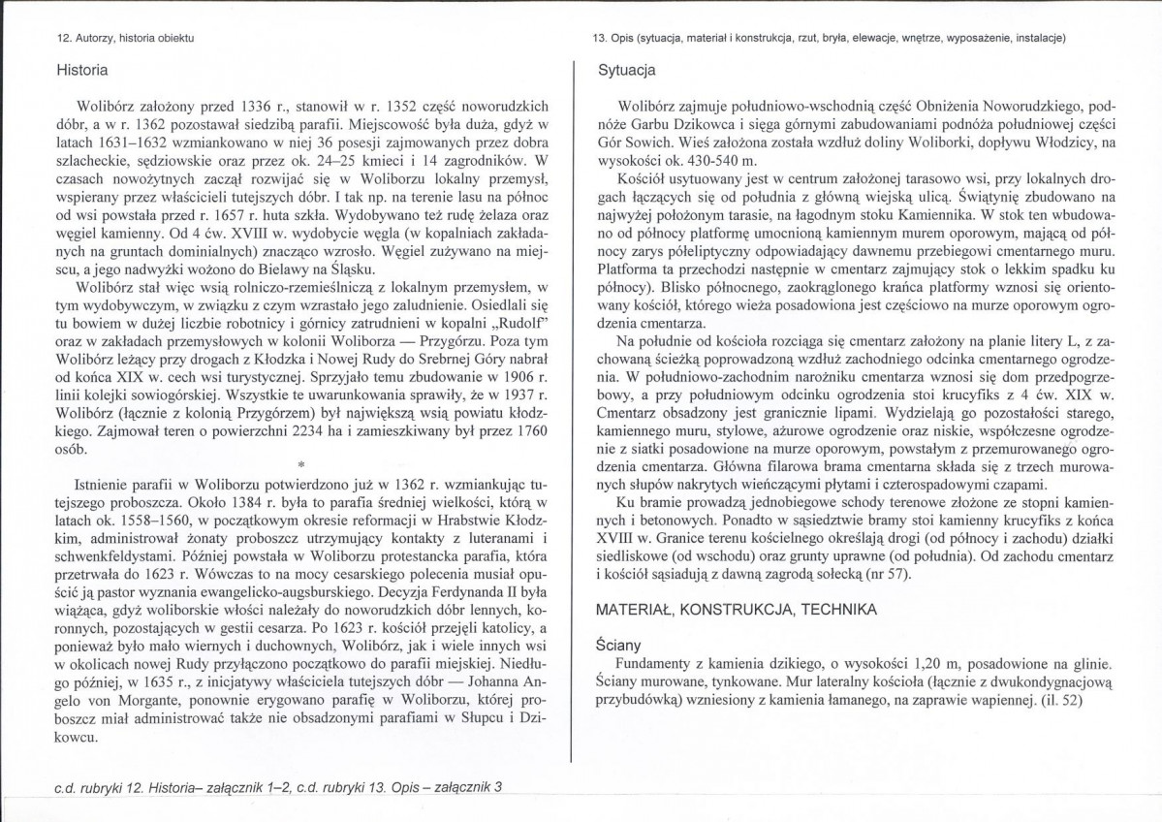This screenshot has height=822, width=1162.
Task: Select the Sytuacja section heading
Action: pyautogui.click(x=627, y=71)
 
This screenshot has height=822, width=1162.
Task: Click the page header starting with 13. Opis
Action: pyautogui.click(x=830, y=39)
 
